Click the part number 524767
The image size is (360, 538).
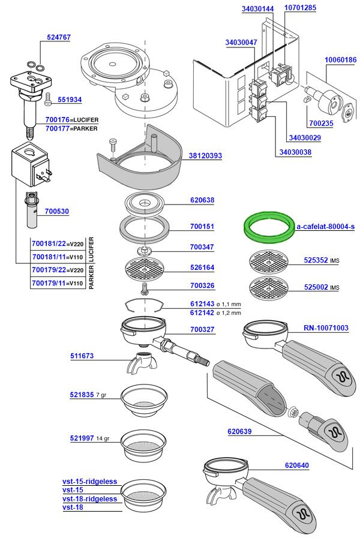click(59, 37)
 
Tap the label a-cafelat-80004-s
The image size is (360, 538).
click(326, 227)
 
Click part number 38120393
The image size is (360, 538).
click(205, 156)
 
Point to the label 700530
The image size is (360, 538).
click(57, 212)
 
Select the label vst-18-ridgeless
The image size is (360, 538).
click(89, 499)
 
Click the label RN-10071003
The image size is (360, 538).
click(325, 328)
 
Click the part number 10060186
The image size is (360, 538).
click(340, 60)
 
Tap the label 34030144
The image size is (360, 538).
click(258, 9)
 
